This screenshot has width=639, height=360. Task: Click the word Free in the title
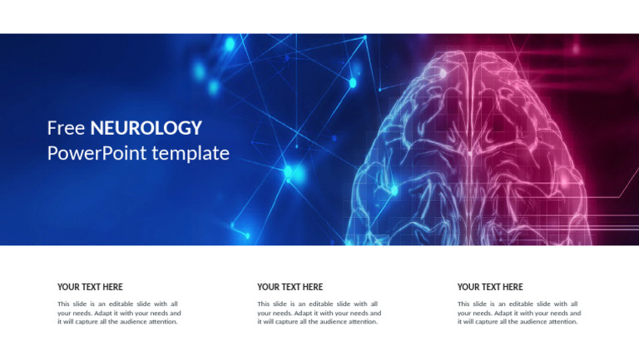pos(67,128)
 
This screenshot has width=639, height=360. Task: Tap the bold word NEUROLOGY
pos(146,128)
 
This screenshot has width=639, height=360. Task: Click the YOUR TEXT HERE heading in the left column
pos(90,287)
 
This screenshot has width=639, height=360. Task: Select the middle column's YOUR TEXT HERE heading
pos(290,287)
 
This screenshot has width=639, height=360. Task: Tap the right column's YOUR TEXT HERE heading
pos(490,287)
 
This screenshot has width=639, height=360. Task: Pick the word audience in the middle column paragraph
pos(330,322)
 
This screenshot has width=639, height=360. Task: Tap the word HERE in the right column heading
pos(513,287)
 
